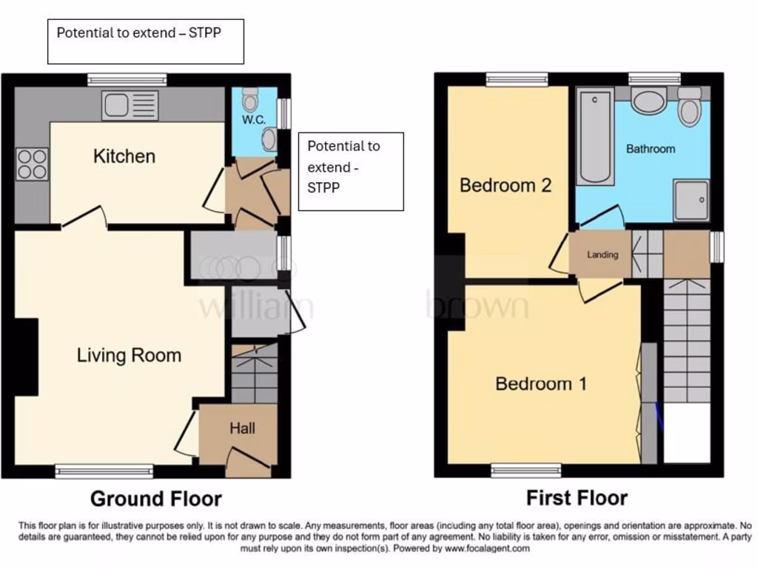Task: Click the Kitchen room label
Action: pyautogui.click(x=124, y=156)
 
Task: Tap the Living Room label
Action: pyautogui.click(x=129, y=355)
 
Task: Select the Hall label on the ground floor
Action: pyautogui.click(x=242, y=428)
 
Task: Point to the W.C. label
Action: pyautogui.click(x=253, y=119)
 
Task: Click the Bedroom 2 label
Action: pyautogui.click(x=506, y=184)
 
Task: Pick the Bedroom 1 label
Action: pyautogui.click(x=541, y=384)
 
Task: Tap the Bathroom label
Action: pyautogui.click(x=651, y=149)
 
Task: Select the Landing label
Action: pyautogui.click(x=603, y=255)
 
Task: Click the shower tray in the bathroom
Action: pyautogui.click(x=691, y=199)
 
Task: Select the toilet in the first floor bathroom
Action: pyautogui.click(x=689, y=108)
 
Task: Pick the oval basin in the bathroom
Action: pyautogui.click(x=649, y=102)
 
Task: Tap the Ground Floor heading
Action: pyautogui.click(x=155, y=498)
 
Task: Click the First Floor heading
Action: pyautogui.click(x=577, y=497)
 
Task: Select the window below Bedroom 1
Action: pyautogui.click(x=526, y=470)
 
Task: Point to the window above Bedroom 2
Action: pyautogui.click(x=517, y=79)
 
